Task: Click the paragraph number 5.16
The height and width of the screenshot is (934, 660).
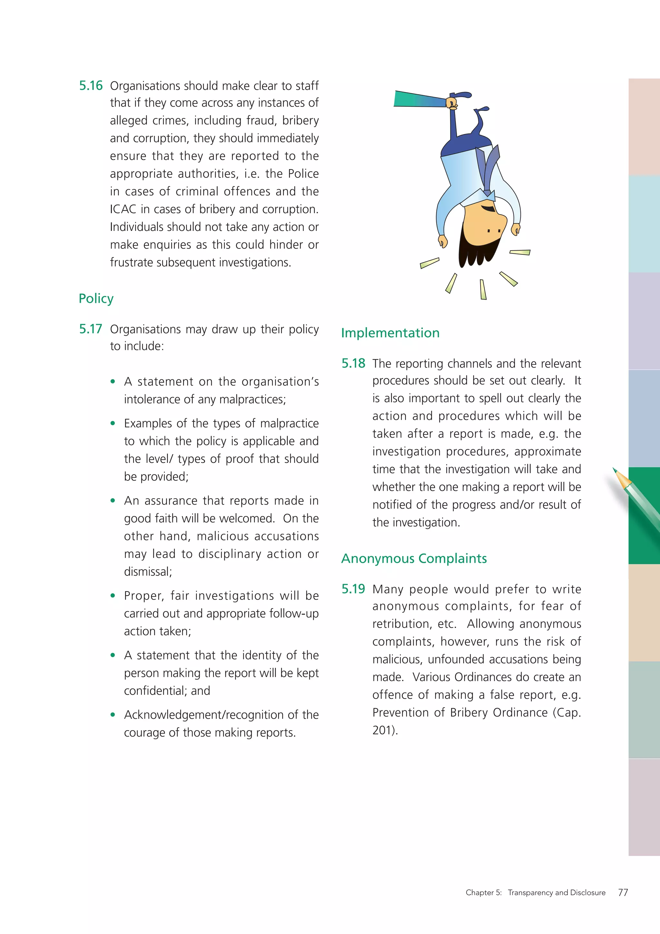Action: coord(91,86)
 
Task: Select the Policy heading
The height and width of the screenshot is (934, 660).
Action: coord(96,299)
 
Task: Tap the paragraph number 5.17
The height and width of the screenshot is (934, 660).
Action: coord(90,329)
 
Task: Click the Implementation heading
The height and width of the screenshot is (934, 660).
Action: coord(390,333)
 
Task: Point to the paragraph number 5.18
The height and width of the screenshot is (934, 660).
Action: coord(353,363)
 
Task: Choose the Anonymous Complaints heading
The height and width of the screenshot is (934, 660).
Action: coord(414,559)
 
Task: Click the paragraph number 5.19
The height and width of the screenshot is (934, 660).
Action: coord(353,589)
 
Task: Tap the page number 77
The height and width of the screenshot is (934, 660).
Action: coord(623,892)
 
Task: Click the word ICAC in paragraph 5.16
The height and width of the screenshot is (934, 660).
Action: coord(123,209)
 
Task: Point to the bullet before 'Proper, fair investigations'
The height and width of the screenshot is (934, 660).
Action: coord(112,596)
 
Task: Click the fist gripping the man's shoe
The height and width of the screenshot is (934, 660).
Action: coord(452,103)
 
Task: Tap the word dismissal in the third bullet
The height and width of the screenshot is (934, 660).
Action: coord(148,571)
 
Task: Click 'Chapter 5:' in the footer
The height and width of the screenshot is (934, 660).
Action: coord(483,892)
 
